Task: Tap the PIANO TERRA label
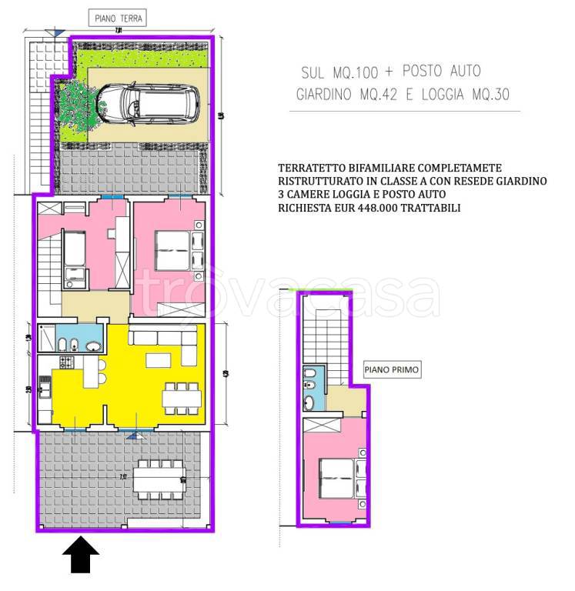(118, 18)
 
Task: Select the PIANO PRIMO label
(392, 370)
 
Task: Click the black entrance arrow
(80, 555)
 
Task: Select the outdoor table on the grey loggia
(159, 479)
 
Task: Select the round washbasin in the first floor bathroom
(309, 402)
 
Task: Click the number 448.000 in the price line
(379, 208)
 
